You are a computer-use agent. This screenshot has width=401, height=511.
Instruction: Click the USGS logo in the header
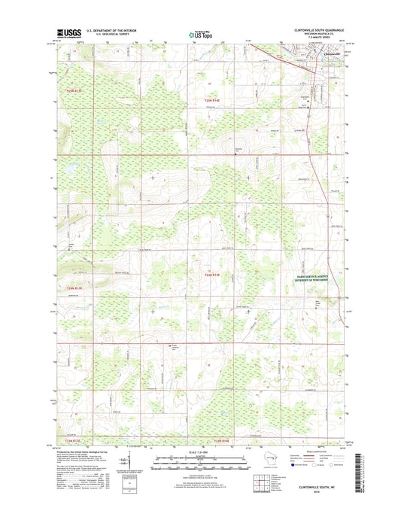[68, 33]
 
